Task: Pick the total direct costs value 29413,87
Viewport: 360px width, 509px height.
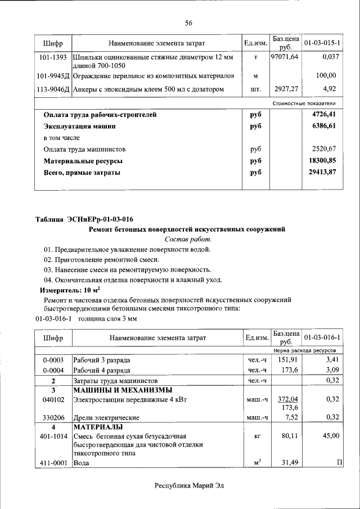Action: [x=323, y=172]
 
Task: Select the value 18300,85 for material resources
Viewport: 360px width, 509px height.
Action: [x=323, y=161]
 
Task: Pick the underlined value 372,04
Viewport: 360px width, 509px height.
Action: [x=287, y=399]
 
